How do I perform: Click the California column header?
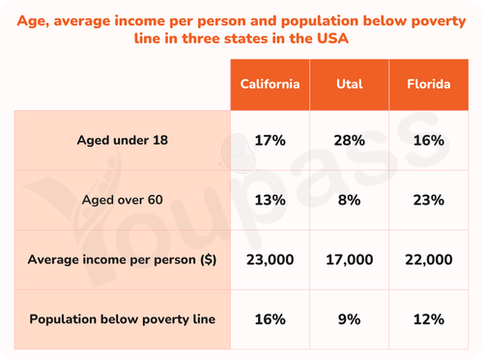pyautogui.click(x=270, y=84)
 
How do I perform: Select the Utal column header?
pyautogui.click(x=350, y=84)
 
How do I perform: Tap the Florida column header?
pyautogui.click(x=429, y=84)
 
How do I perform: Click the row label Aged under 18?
pyautogui.click(x=123, y=141)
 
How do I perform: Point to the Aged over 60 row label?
pyautogui.click(x=123, y=200)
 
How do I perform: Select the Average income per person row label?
pyautogui.click(x=122, y=260)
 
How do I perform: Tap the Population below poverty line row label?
pyautogui.click(x=123, y=319)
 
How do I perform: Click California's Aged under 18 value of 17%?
pyautogui.click(x=270, y=141)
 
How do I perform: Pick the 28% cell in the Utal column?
pyautogui.click(x=350, y=141)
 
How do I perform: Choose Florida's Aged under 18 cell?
pyautogui.click(x=429, y=141)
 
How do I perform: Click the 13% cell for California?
pyautogui.click(x=270, y=200)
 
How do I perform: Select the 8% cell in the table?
pyautogui.click(x=350, y=200)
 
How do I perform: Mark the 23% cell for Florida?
pyautogui.click(x=429, y=200)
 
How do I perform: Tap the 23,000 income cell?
pyautogui.click(x=270, y=260)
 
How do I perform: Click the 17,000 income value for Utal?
pyautogui.click(x=350, y=260)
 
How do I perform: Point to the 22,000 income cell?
pyautogui.click(x=429, y=260)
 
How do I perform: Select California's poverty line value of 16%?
pyautogui.click(x=270, y=319)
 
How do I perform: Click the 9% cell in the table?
pyautogui.click(x=350, y=319)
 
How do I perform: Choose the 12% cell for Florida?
pyautogui.click(x=429, y=319)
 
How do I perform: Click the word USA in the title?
pyautogui.click(x=332, y=39)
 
